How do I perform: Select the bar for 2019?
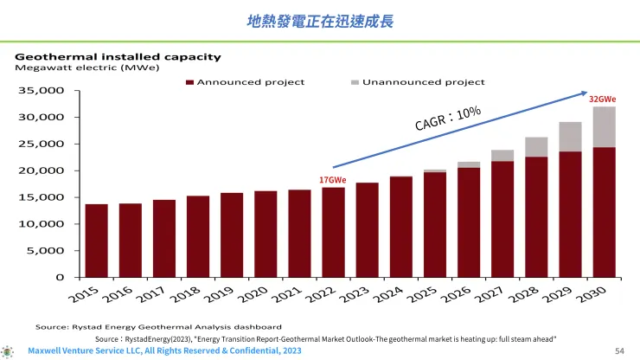(x=232, y=235)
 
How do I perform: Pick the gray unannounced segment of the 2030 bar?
(x=604, y=126)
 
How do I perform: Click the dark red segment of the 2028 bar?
(x=536, y=216)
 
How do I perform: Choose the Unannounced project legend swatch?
(x=355, y=82)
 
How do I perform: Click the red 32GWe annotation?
(x=602, y=100)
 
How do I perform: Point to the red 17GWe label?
(x=332, y=179)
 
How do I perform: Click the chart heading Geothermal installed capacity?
(x=118, y=57)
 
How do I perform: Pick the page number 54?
(x=619, y=350)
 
